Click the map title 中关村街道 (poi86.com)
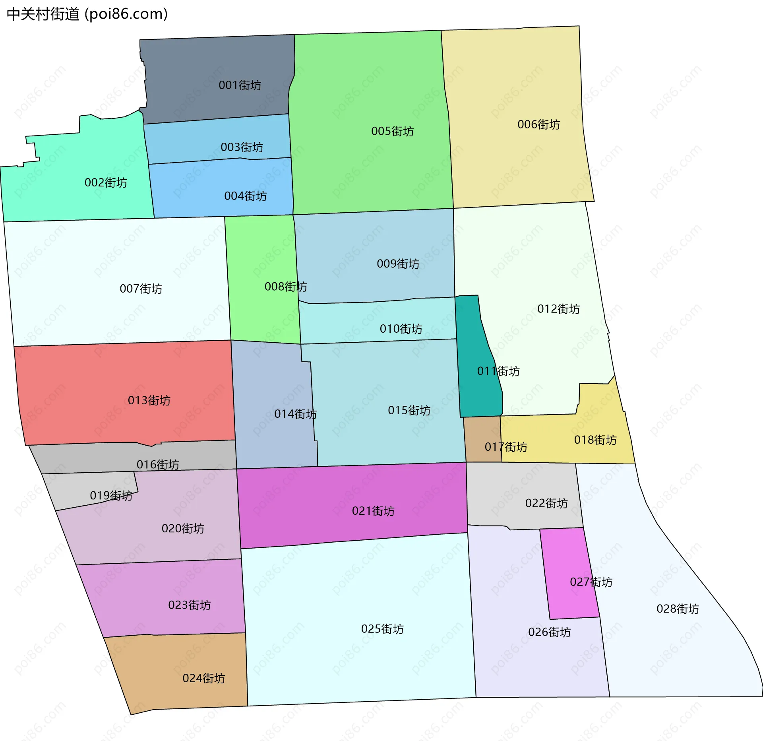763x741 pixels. click(x=87, y=14)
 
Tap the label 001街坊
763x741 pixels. click(x=240, y=85)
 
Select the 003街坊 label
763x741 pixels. click(x=242, y=147)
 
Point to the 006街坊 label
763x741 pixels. click(x=538, y=124)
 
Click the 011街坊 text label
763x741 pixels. click(x=498, y=371)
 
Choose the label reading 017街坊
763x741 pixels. click(x=505, y=447)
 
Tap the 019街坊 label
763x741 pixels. click(x=111, y=495)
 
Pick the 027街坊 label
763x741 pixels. click(x=591, y=582)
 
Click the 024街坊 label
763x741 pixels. click(x=203, y=678)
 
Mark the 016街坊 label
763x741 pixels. click(x=158, y=464)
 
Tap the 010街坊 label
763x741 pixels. click(x=401, y=329)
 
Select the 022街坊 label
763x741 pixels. click(x=546, y=503)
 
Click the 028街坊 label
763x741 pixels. click(x=678, y=609)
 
